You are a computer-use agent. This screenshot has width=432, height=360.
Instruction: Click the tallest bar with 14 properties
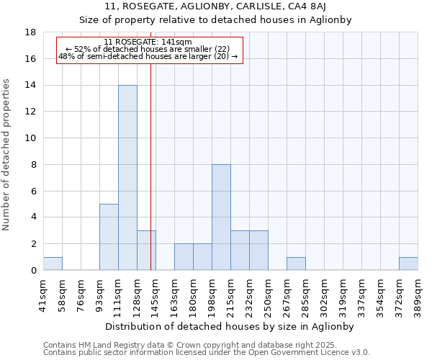click(127, 177)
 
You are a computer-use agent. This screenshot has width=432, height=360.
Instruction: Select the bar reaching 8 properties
click(221, 217)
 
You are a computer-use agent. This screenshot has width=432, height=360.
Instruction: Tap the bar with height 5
click(109, 237)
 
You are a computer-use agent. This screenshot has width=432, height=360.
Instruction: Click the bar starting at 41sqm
click(53, 264)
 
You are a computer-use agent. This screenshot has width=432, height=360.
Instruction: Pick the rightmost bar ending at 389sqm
click(408, 264)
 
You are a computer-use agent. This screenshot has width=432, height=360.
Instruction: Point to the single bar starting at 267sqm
click(296, 264)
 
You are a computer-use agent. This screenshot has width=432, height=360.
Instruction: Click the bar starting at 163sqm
click(184, 256)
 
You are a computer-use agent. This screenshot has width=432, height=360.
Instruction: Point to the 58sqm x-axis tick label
click(62, 292)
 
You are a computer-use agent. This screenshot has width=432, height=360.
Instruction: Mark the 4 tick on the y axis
click(33, 217)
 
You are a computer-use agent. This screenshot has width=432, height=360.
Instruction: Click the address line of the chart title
click(215, 6)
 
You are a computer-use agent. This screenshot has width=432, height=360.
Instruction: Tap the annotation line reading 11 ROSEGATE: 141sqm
click(148, 42)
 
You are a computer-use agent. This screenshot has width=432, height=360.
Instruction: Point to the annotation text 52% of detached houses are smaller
click(148, 49)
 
